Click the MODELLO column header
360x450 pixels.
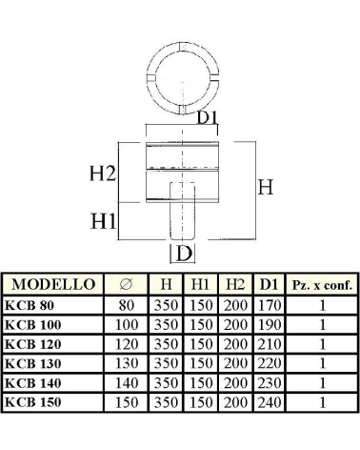point(53,284)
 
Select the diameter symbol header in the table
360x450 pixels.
point(126,284)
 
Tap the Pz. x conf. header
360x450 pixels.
point(322,285)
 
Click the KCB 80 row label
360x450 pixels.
point(30,305)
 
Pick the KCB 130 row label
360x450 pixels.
point(33,363)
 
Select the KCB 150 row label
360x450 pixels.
point(33,402)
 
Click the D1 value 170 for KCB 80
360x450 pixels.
point(270,305)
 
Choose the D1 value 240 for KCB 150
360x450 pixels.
point(270,402)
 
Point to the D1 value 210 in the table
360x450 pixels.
point(270,344)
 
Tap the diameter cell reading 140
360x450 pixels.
point(127,383)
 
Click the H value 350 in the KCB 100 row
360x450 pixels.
point(166,325)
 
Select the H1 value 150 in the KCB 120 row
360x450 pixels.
point(201,344)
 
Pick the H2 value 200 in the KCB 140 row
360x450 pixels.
point(235,383)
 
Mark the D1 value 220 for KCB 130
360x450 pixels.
point(270,363)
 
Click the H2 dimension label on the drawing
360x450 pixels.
point(103,174)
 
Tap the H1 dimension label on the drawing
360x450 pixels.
point(104,221)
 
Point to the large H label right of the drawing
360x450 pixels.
point(266,187)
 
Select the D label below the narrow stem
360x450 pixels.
point(184,254)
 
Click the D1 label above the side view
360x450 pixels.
point(208,117)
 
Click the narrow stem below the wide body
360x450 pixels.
point(182,221)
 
